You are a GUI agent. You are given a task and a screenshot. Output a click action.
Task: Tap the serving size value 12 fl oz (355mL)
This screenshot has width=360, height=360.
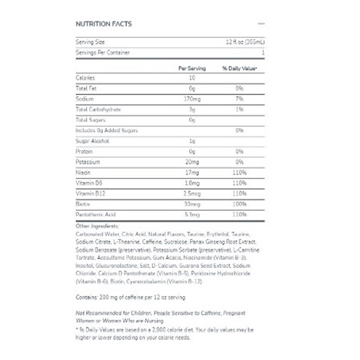tap(245, 42)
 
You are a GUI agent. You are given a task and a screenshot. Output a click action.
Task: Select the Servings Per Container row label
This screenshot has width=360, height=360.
tap(103, 53)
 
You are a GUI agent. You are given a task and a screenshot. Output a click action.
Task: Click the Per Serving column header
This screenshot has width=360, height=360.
tap(192, 68)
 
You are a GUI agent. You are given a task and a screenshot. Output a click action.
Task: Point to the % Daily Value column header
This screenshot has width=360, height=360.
tap(239, 68)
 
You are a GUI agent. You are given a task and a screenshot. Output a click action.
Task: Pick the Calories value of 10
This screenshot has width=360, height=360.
tap(192, 78)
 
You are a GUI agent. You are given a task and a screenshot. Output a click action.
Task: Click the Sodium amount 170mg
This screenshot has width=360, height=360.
tap(192, 99)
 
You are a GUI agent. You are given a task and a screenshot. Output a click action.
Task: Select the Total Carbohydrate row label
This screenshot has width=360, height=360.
tap(99, 109)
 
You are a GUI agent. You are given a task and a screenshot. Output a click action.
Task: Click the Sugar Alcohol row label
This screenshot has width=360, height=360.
tap(90, 141)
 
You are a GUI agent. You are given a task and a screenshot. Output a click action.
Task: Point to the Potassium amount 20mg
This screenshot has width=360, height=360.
tap(192, 162)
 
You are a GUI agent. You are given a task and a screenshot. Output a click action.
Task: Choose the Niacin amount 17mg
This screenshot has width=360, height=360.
tap(192, 172)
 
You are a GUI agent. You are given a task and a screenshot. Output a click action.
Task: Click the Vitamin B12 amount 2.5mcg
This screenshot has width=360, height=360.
tap(192, 193)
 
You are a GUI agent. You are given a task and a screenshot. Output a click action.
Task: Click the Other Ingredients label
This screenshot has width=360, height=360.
tap(97, 226)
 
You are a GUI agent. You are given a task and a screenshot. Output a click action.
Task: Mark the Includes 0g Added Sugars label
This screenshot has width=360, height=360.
tap(107, 130)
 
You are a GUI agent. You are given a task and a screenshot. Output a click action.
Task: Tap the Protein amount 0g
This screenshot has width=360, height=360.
tap(192, 151)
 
